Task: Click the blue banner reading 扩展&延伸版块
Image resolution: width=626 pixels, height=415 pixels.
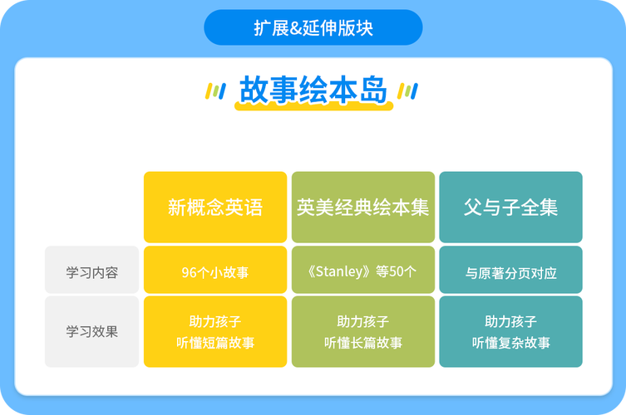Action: (x=313, y=27)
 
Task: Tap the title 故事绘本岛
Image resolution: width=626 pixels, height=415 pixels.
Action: (x=313, y=90)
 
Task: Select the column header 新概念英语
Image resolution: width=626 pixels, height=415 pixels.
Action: (x=215, y=207)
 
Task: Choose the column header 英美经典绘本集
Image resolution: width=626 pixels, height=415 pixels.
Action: (x=362, y=207)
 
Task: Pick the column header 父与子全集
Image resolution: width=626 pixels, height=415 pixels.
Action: (x=510, y=207)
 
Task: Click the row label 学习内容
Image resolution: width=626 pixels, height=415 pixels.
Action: (x=91, y=271)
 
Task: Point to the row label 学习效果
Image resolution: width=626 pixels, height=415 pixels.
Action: (x=91, y=331)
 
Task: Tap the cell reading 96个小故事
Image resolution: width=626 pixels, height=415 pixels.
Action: (x=215, y=271)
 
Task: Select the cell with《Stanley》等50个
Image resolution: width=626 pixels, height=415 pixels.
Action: (x=362, y=270)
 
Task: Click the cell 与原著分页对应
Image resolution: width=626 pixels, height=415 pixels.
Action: (x=510, y=271)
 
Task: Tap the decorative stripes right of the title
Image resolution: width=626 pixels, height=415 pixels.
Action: (x=408, y=90)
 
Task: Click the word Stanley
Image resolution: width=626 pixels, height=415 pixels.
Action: (x=342, y=270)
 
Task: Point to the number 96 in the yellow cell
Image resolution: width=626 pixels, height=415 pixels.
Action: (x=188, y=271)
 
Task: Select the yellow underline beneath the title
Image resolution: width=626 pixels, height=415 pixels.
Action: (x=313, y=107)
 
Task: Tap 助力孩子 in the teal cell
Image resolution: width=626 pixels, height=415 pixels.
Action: (x=510, y=321)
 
